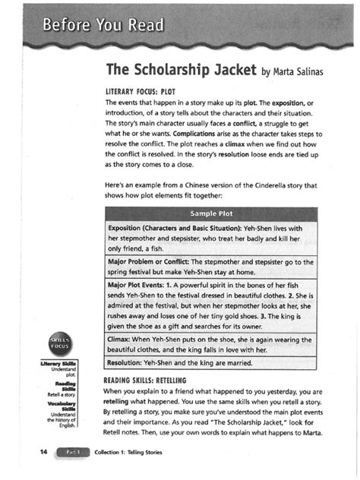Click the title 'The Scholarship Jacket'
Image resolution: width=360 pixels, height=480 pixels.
click(181, 71)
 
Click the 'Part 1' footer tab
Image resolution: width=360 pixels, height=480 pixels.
click(74, 452)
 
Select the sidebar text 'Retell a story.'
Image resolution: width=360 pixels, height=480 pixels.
click(72, 396)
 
